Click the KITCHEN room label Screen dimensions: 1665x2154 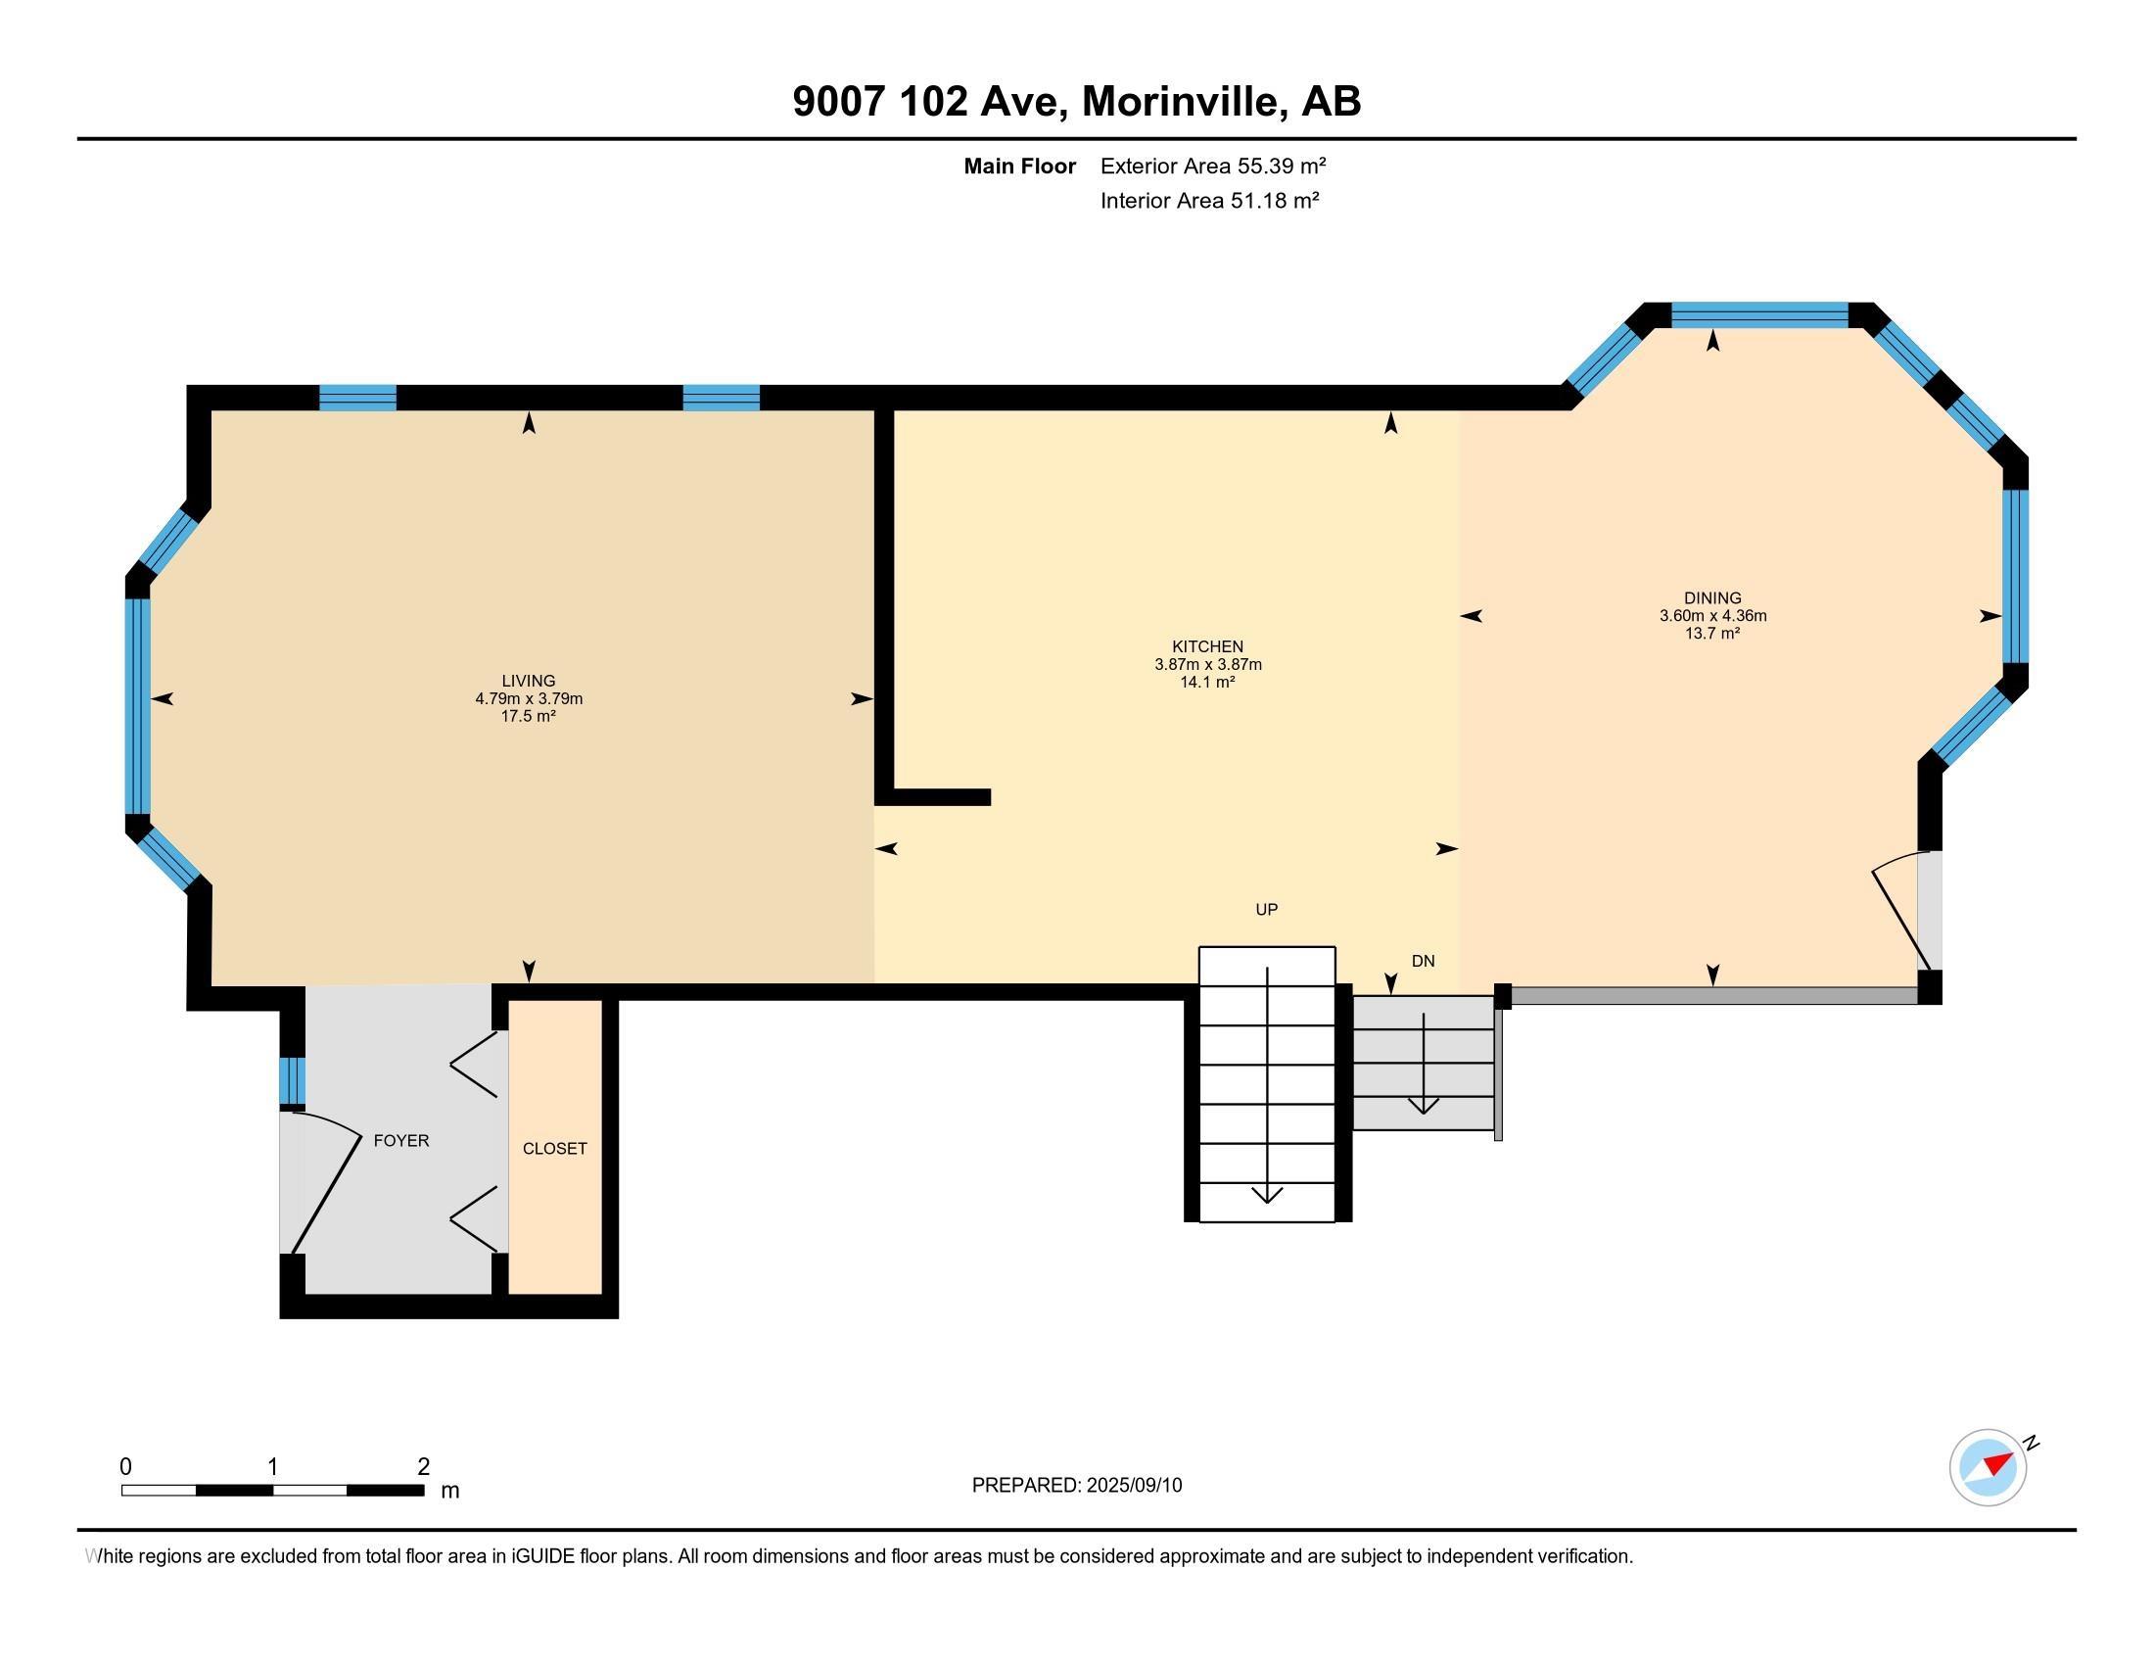(1207, 647)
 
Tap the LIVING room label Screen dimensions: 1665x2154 (529, 681)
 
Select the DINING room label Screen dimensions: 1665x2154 (1712, 597)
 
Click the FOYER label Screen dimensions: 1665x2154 (401, 1140)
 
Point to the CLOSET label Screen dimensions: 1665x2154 (554, 1148)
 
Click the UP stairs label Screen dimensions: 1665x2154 (1266, 910)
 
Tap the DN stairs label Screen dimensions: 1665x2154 (1423, 961)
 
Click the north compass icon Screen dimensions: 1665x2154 (1988, 1467)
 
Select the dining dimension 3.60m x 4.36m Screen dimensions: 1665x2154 (1712, 615)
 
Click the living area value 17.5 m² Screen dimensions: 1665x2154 (529, 716)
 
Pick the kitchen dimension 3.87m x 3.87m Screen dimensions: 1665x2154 (1207, 665)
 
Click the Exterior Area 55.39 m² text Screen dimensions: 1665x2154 (1212, 166)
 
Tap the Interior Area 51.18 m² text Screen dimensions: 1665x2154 (1209, 200)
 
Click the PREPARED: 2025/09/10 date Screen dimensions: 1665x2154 (1076, 1486)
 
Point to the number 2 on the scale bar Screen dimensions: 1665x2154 (423, 1466)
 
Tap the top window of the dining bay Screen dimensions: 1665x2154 (1758, 315)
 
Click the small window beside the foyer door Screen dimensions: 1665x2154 (292, 1081)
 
